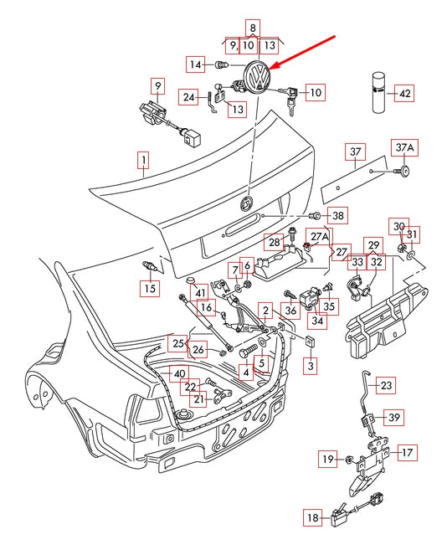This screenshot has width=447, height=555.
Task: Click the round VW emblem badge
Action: click(257, 77)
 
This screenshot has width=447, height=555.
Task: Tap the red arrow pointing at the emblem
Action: click(302, 52)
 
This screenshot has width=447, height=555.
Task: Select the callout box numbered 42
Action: click(404, 94)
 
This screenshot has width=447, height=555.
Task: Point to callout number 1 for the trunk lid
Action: click(144, 161)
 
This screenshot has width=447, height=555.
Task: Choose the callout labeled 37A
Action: click(404, 148)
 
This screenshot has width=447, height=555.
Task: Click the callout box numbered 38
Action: click(337, 215)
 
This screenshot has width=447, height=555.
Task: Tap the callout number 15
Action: click(150, 288)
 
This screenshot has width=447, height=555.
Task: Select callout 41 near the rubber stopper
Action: click(200, 293)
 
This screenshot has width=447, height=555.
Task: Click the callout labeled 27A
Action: click(319, 236)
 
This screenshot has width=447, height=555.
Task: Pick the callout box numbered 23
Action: click(385, 385)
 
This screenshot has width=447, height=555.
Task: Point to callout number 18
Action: click(312, 518)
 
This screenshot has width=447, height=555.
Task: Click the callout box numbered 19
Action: click(327, 459)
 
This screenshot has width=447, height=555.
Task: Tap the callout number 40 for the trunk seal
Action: click(179, 374)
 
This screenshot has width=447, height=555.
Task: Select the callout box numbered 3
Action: click(311, 365)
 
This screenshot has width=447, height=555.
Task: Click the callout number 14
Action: click(195, 64)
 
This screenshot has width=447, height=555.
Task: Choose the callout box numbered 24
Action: click(188, 97)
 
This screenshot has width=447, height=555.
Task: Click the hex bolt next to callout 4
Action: click(249, 351)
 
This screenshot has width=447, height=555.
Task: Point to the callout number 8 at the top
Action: click(253, 28)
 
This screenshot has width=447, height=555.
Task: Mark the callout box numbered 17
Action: click(408, 452)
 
